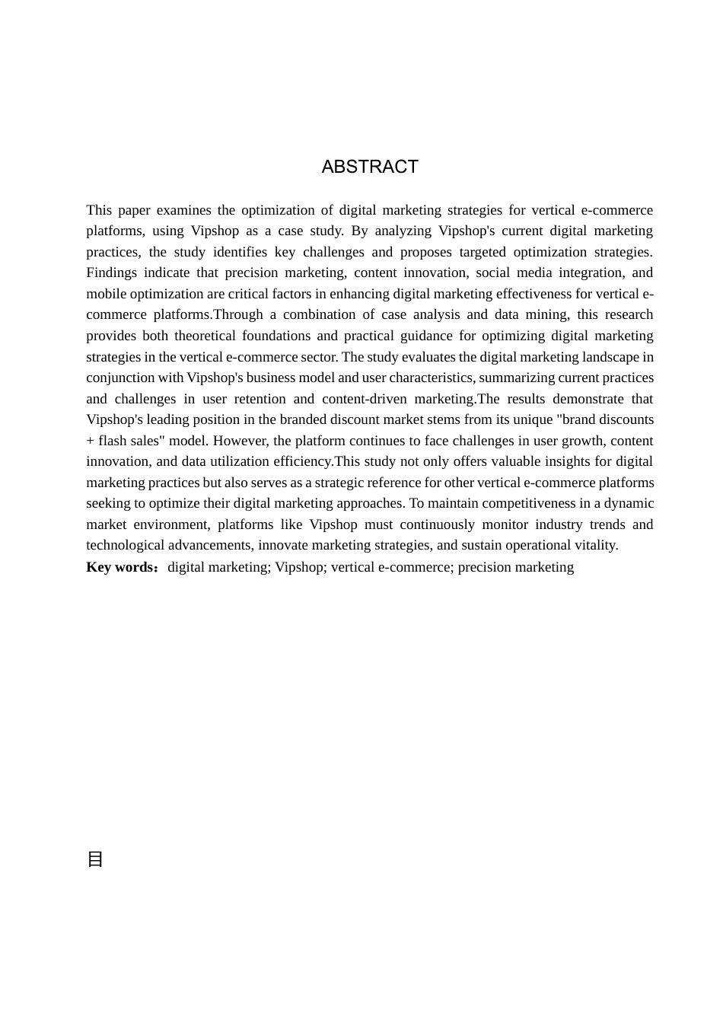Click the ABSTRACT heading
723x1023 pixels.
point(370,167)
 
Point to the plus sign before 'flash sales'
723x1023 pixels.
point(90,441)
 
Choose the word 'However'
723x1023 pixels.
point(240,441)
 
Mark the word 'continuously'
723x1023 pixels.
point(434,524)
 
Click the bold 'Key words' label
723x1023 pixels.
point(120,567)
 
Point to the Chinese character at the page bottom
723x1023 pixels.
point(95,859)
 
